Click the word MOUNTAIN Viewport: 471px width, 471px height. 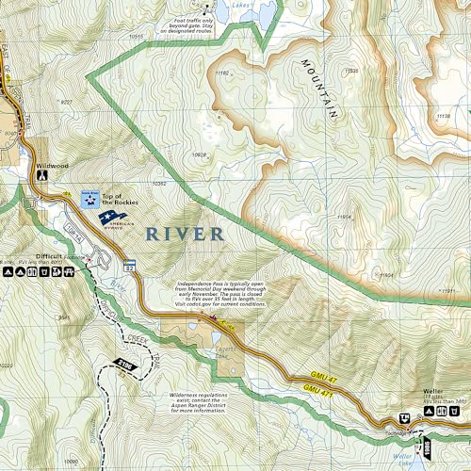point(320,89)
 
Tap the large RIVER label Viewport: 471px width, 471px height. point(184,234)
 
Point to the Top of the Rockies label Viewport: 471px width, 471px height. point(120,199)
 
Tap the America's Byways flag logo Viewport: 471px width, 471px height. point(115,218)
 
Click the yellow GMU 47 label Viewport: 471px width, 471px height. point(317,375)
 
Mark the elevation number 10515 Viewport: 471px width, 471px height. point(137,37)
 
